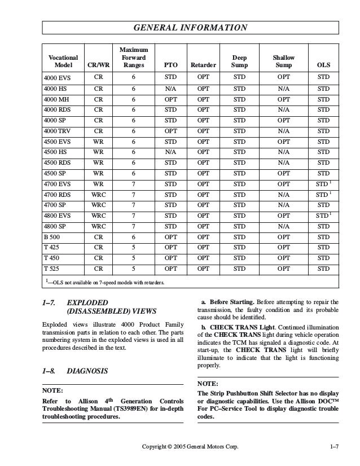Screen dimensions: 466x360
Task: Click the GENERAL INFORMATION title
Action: (190, 27)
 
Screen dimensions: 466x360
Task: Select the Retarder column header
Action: (203, 65)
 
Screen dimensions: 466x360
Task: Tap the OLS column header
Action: (323, 65)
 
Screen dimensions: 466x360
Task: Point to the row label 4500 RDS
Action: (58, 162)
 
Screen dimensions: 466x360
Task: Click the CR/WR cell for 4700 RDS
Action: (98, 195)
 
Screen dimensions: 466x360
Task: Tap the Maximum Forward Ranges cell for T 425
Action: (133, 247)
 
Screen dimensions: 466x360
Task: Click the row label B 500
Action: (54, 236)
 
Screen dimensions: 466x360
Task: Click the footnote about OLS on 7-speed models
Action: (104, 282)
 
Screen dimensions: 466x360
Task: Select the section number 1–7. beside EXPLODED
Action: (50, 302)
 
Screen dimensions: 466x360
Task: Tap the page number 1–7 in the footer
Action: (333, 447)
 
